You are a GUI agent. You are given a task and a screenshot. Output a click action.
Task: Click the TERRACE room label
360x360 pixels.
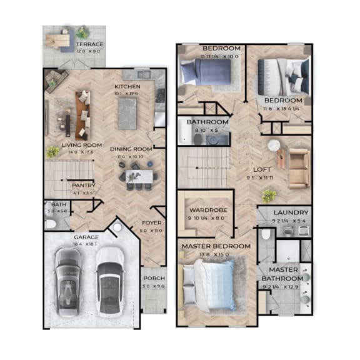pos(90,44)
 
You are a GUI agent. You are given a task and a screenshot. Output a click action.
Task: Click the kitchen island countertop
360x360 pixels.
pos(127,114)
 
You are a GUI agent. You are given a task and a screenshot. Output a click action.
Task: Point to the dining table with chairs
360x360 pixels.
pos(139,176)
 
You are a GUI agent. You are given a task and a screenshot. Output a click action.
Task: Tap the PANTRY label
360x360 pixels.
pos(82,185)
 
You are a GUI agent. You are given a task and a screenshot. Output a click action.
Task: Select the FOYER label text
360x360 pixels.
pos(151,221)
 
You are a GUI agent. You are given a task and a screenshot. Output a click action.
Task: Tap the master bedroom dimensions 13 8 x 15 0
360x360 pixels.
pos(216,254)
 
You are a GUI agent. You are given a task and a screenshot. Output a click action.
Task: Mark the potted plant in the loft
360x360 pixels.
pos(269,196)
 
